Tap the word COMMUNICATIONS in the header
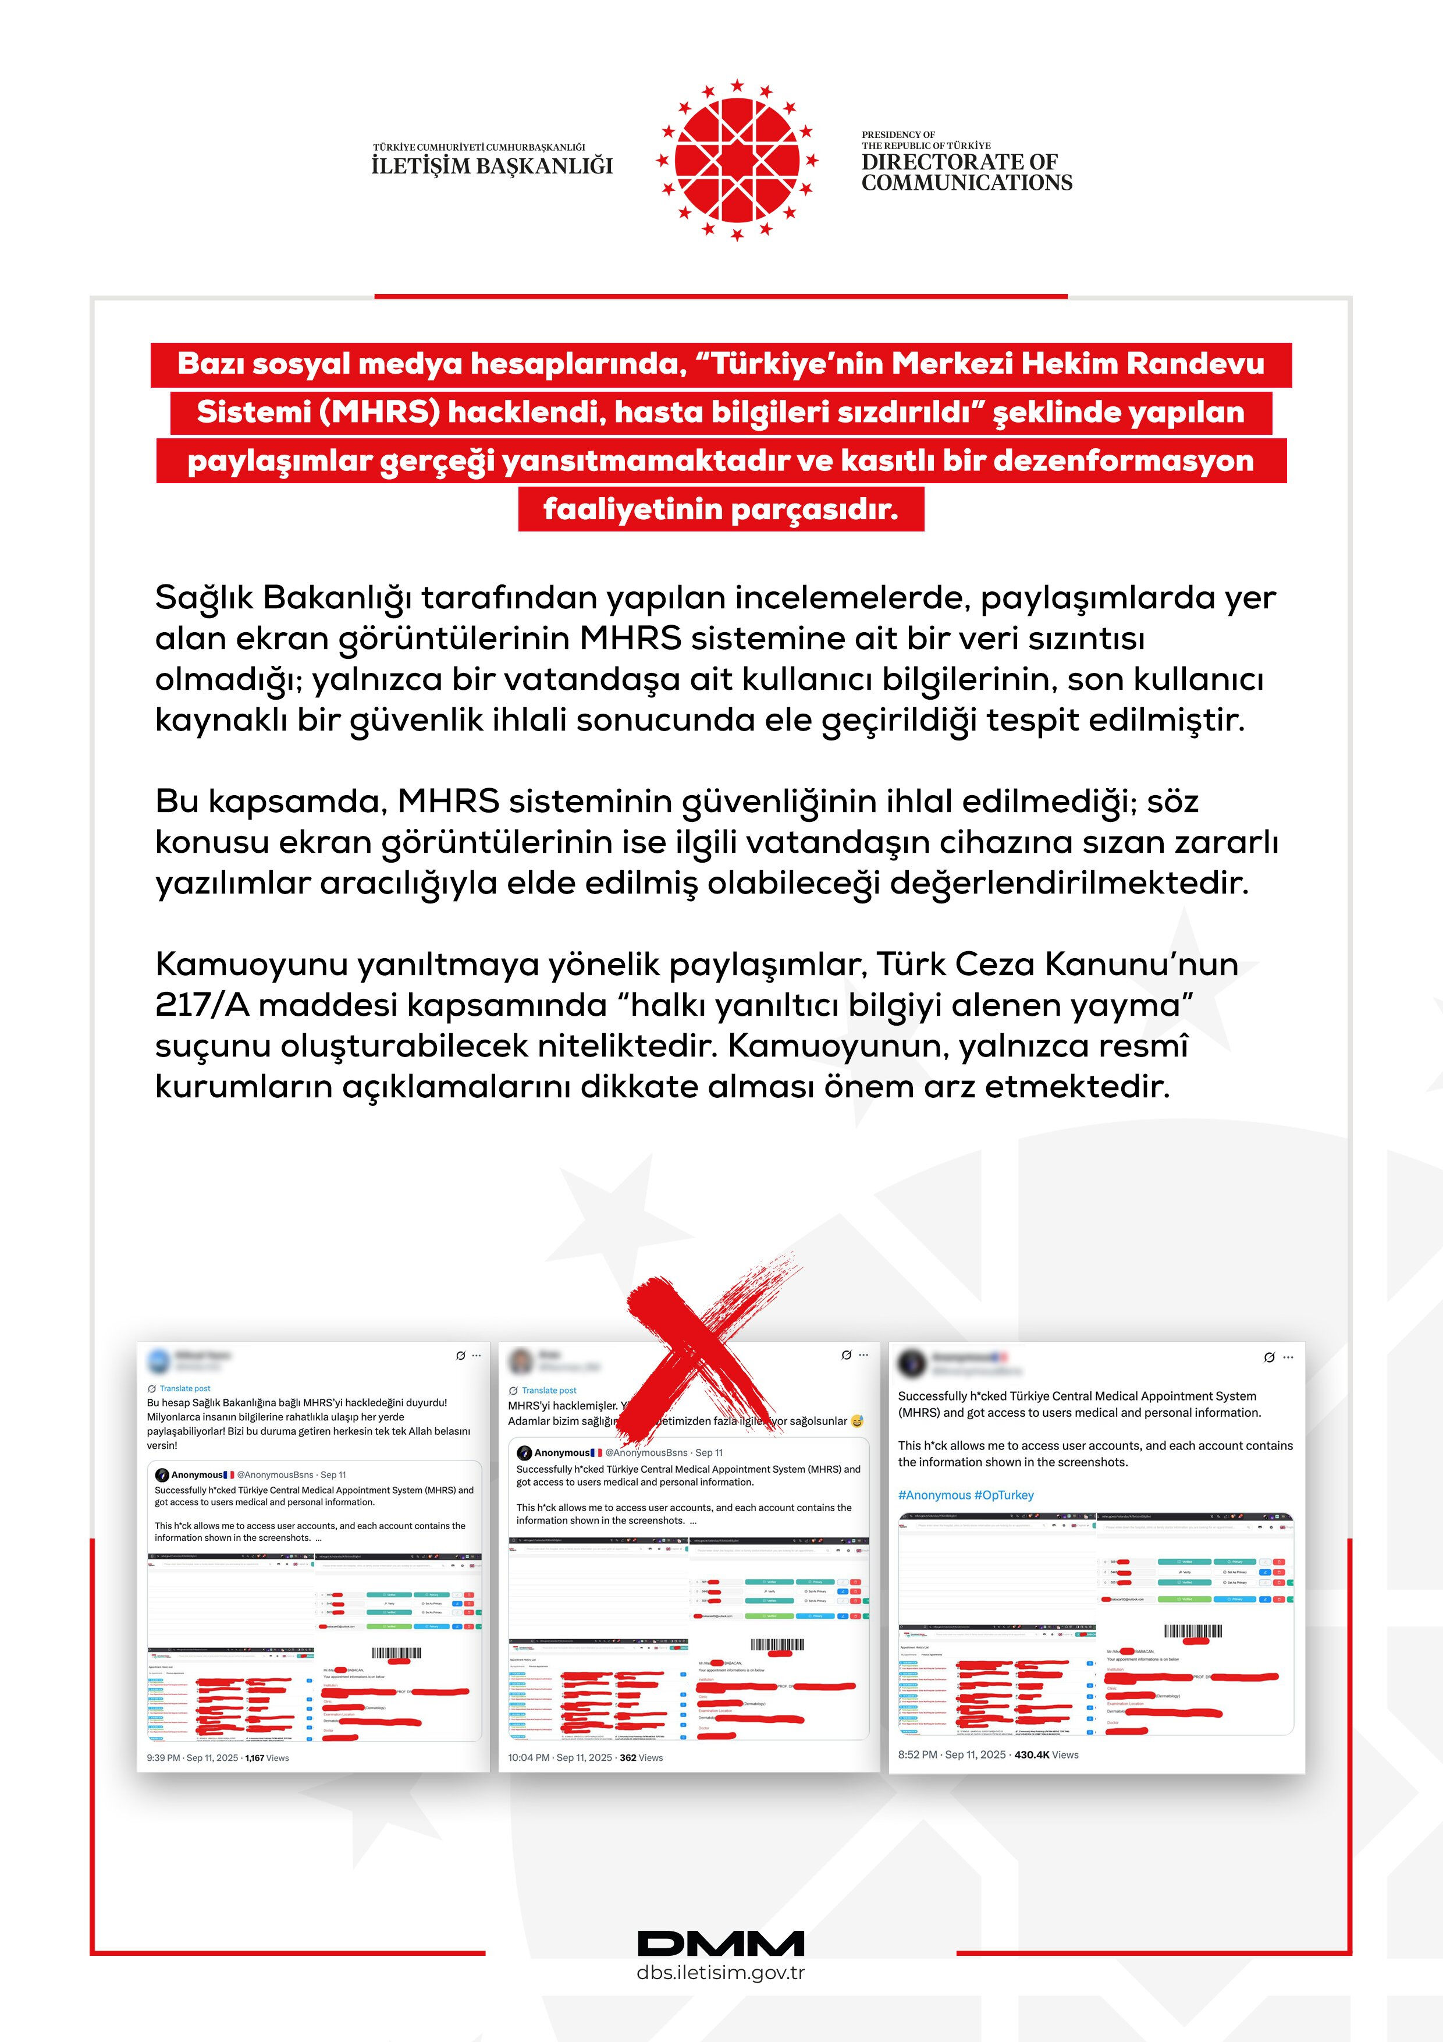(x=966, y=183)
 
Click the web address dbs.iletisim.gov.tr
(x=720, y=1973)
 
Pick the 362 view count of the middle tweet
(x=628, y=1757)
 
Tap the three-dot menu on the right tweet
(x=1288, y=1357)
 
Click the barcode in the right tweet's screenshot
(x=1193, y=1631)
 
